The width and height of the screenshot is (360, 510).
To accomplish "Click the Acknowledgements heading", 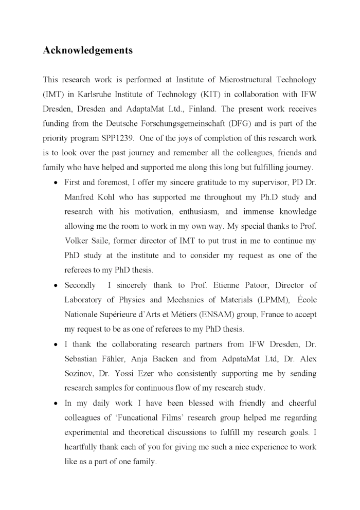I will point(87,50).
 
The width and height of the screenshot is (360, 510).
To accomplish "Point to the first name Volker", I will point(78,241).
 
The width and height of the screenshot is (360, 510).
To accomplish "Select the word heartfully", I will point(83,447).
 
